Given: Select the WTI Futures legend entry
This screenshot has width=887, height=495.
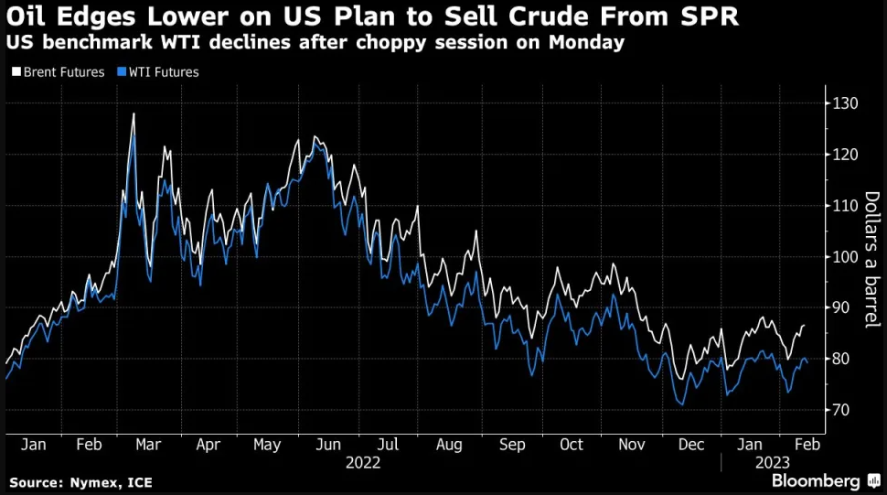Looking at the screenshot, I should [161, 72].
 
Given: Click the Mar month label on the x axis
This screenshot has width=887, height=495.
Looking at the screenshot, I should [147, 445].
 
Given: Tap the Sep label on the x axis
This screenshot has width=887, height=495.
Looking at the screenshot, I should [513, 445].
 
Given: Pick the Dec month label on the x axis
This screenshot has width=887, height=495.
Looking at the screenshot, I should [691, 445].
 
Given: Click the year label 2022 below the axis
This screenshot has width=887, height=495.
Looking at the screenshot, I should [362, 463].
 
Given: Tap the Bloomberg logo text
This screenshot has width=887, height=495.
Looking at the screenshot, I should [816, 480].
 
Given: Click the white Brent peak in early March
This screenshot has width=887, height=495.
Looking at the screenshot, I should [134, 113].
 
